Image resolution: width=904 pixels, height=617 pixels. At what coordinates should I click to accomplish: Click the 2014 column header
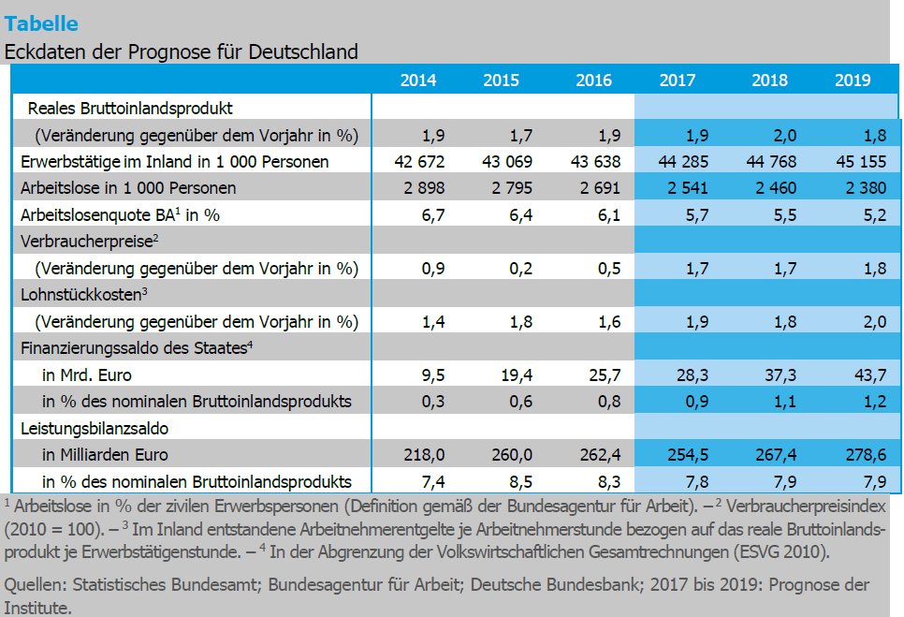click(x=417, y=81)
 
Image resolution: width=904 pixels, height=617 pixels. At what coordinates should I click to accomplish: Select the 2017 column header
click(x=678, y=81)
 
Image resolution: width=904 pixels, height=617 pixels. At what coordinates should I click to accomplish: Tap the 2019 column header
click(x=853, y=81)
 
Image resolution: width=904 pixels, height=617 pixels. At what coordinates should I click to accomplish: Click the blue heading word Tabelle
click(x=41, y=23)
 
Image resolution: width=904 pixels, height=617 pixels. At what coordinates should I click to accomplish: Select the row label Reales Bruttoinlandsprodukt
click(x=130, y=109)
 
